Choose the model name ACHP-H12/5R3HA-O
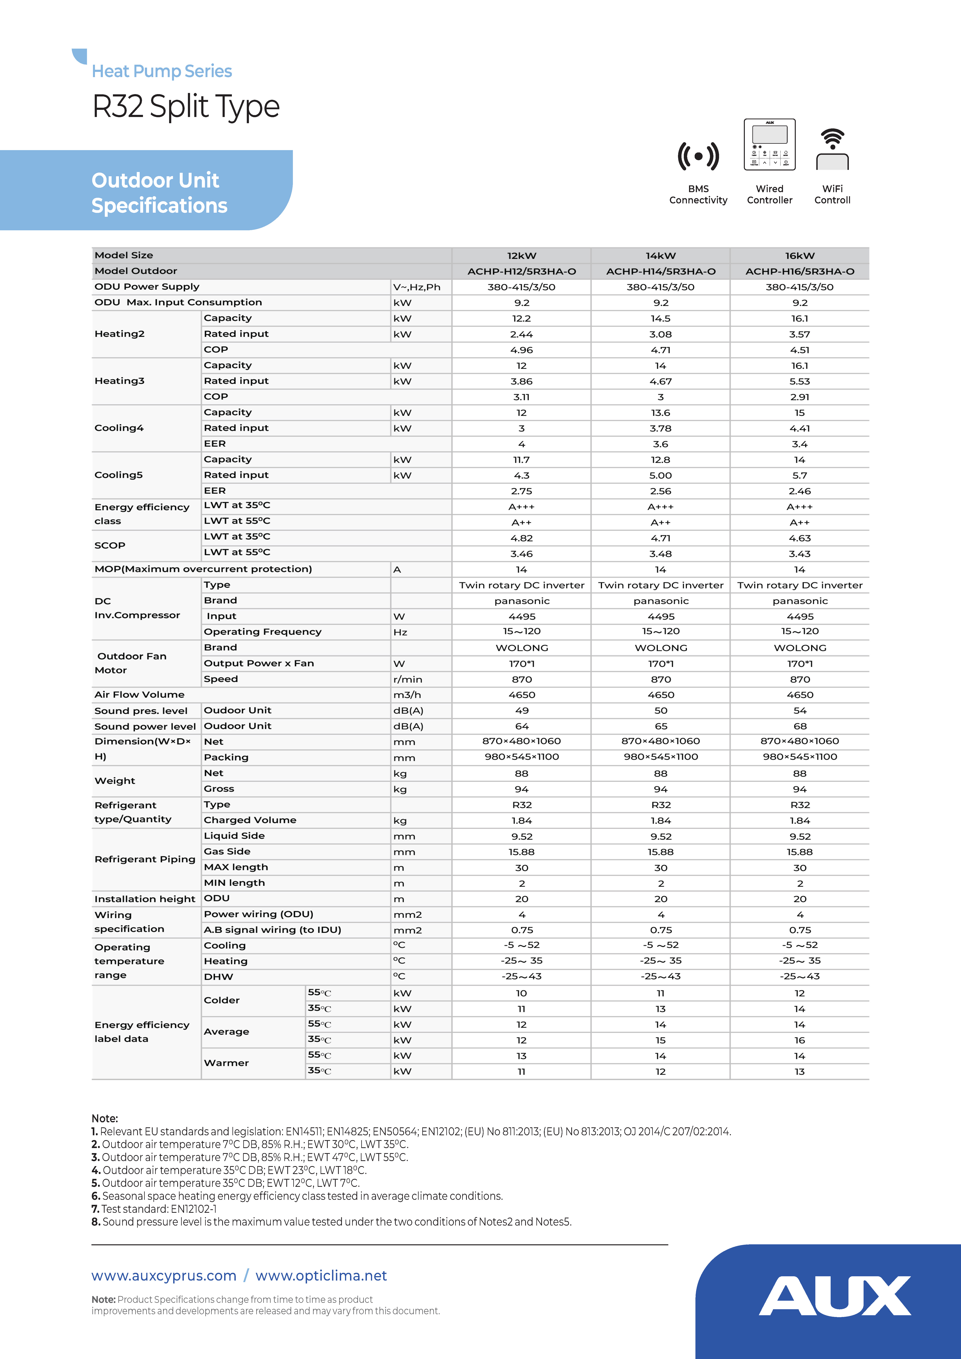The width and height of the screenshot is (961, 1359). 522,271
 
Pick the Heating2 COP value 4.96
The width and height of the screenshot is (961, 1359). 522,350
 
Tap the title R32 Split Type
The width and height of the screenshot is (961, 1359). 186,107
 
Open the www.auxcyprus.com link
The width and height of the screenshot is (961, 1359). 164,1276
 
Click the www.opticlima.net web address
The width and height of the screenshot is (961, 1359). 321,1276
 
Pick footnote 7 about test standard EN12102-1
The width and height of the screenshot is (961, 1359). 154,1209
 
